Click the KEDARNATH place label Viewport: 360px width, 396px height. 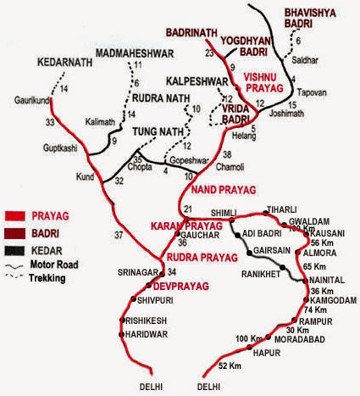62,62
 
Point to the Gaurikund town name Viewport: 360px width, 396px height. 30,100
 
